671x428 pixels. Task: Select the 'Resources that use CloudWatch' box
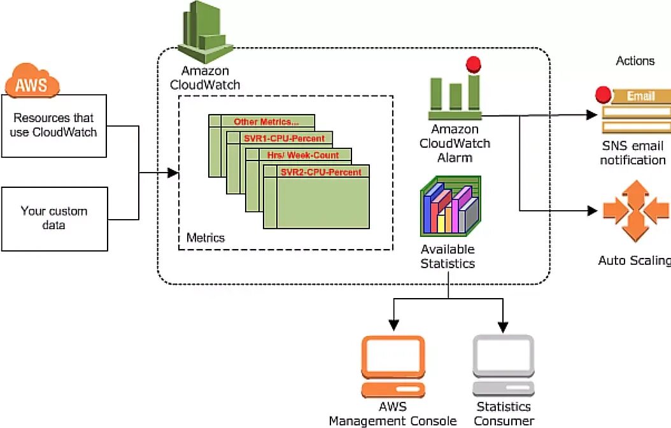pyautogui.click(x=54, y=125)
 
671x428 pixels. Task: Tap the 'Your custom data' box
pyautogui.click(x=54, y=218)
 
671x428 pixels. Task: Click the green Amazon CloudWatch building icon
pyautogui.click(x=204, y=32)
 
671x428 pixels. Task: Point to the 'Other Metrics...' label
pyautogui.click(x=266, y=122)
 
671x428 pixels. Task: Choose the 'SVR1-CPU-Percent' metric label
pyautogui.click(x=284, y=138)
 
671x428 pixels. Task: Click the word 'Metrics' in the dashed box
pyautogui.click(x=206, y=238)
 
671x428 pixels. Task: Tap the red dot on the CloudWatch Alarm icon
pyautogui.click(x=473, y=64)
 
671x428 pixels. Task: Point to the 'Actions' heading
pyautogui.click(x=635, y=61)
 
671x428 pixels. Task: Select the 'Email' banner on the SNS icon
pyautogui.click(x=640, y=96)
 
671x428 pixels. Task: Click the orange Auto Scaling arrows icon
pyautogui.click(x=635, y=211)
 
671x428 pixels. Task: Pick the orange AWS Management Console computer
pyautogui.click(x=393, y=367)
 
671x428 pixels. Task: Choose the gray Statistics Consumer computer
pyautogui.click(x=503, y=367)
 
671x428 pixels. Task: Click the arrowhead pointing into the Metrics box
pyautogui.click(x=173, y=173)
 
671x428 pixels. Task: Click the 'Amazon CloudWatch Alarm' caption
pyautogui.click(x=455, y=143)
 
